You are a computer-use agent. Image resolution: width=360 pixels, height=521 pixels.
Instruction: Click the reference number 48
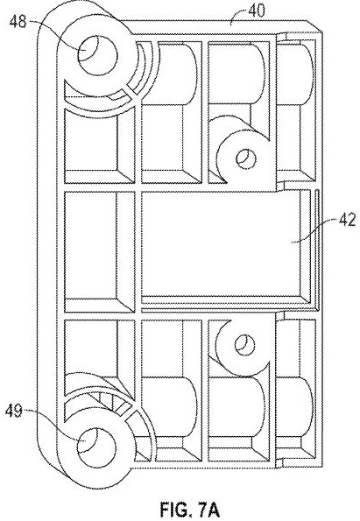18,22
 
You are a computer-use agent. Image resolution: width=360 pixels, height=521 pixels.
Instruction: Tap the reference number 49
14,412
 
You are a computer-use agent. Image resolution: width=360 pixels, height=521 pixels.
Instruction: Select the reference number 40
257,11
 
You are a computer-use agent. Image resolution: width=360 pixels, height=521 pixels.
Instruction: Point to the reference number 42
347,221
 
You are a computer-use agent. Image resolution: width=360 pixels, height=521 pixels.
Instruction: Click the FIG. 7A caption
190,509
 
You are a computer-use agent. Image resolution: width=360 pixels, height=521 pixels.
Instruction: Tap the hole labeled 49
96,446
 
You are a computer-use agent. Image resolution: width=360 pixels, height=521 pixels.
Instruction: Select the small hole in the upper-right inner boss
246,158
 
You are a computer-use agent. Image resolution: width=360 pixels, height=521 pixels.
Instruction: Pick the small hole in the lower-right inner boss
244,345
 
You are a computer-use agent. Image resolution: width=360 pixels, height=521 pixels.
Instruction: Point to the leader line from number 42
314,231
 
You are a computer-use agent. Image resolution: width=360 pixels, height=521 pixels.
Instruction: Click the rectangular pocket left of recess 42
99,250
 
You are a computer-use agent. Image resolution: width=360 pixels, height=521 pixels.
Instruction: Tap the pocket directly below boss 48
99,146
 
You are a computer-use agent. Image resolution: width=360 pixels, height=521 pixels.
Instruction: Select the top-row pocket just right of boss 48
172,112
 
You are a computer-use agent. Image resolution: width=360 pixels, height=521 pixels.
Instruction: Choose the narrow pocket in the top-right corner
296,109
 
